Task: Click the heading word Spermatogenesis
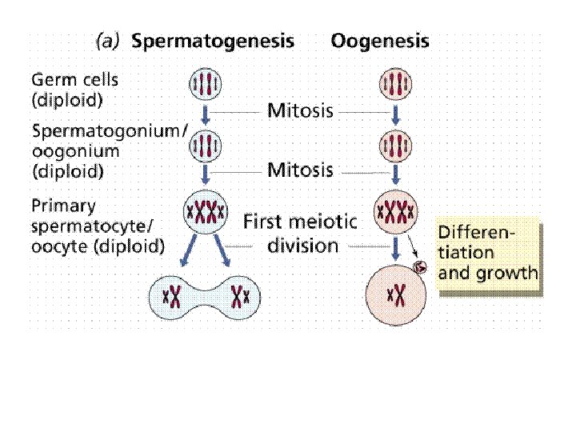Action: click(x=212, y=41)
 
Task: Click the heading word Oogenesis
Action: click(x=380, y=41)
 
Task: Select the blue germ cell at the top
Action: click(x=205, y=85)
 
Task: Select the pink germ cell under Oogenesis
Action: click(x=393, y=85)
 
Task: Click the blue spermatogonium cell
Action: click(x=205, y=147)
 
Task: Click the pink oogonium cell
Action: click(x=393, y=147)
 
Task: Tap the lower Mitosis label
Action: click(x=299, y=170)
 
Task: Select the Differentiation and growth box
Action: click(x=488, y=254)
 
